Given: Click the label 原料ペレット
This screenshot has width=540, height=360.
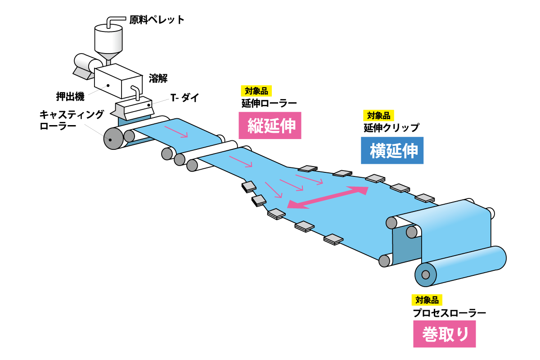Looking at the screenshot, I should point(157,20).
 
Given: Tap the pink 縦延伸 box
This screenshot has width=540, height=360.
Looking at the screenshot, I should point(270,125).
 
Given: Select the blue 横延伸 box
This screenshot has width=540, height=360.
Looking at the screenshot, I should point(392,150).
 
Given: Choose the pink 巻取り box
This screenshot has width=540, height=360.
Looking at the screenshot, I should point(444,334).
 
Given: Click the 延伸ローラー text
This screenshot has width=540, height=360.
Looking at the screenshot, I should point(269,103).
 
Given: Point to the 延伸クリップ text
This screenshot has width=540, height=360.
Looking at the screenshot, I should point(391,128).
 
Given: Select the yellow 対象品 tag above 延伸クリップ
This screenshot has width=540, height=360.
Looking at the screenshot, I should point(379,116).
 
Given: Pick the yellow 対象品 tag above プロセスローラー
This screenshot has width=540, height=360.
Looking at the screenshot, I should point(427,300).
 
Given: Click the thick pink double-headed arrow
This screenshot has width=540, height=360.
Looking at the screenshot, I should point(328,197).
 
